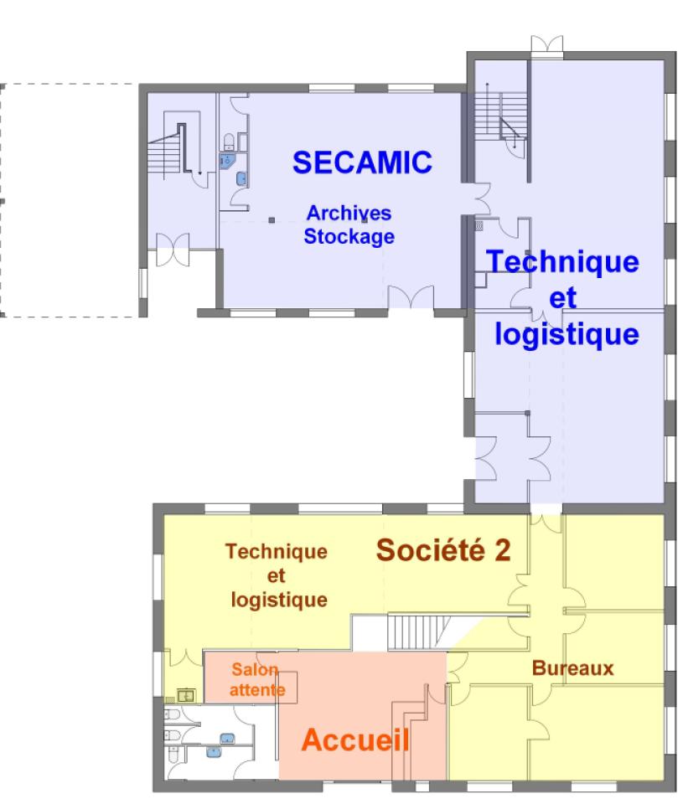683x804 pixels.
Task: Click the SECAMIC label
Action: pyautogui.click(x=362, y=162)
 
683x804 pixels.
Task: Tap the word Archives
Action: pyautogui.click(x=349, y=213)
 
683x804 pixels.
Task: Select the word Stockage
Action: pyautogui.click(x=349, y=236)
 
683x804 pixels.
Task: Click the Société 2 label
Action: pyautogui.click(x=443, y=550)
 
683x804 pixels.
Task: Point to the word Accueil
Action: pyautogui.click(x=355, y=740)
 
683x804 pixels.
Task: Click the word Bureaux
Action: pyautogui.click(x=572, y=668)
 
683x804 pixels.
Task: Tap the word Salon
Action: pyautogui.click(x=255, y=669)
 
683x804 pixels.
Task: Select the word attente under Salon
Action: pyautogui.click(x=257, y=690)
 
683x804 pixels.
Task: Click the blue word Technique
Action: pyautogui.click(x=562, y=261)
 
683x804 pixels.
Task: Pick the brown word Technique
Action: pyautogui.click(x=276, y=552)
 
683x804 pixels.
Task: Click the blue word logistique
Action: pyautogui.click(x=567, y=335)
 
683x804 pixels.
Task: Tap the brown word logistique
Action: pyautogui.click(x=279, y=600)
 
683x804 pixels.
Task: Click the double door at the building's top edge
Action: pyautogui.click(x=546, y=44)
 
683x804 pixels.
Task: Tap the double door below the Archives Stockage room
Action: pyautogui.click(x=411, y=297)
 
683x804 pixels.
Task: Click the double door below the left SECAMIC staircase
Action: pyautogui.click(x=173, y=250)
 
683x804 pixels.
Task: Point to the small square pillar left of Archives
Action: pyautogui.click(x=272, y=220)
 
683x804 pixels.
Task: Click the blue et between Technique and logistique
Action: pyautogui.click(x=562, y=298)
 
